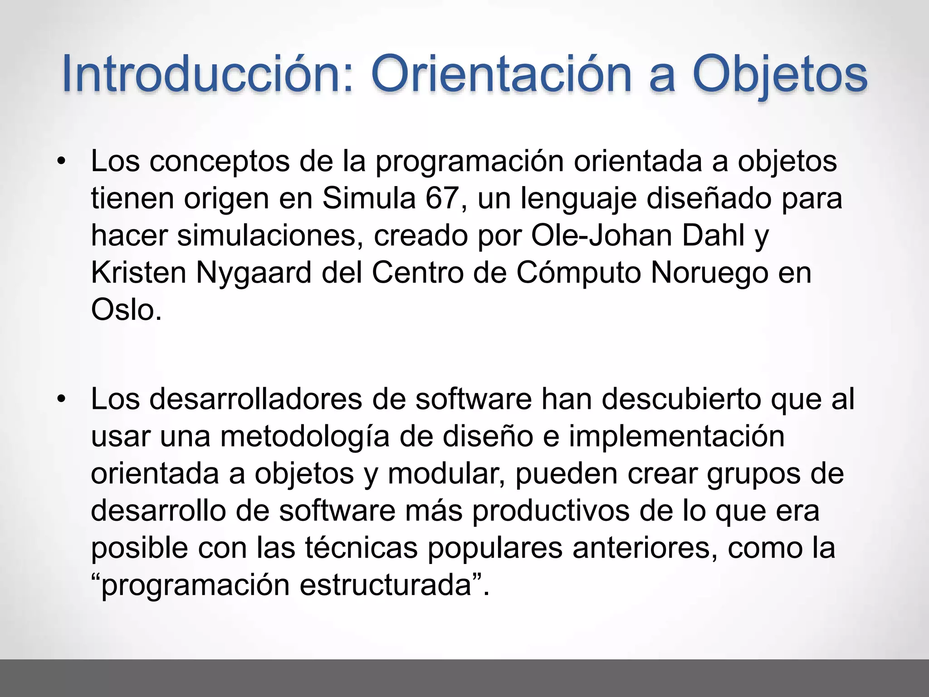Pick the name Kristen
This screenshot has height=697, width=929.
click(x=139, y=273)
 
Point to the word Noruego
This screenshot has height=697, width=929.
click(x=710, y=273)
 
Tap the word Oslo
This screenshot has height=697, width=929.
click(x=125, y=310)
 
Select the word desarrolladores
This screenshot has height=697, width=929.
click(x=256, y=399)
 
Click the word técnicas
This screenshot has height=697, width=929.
click(x=361, y=548)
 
